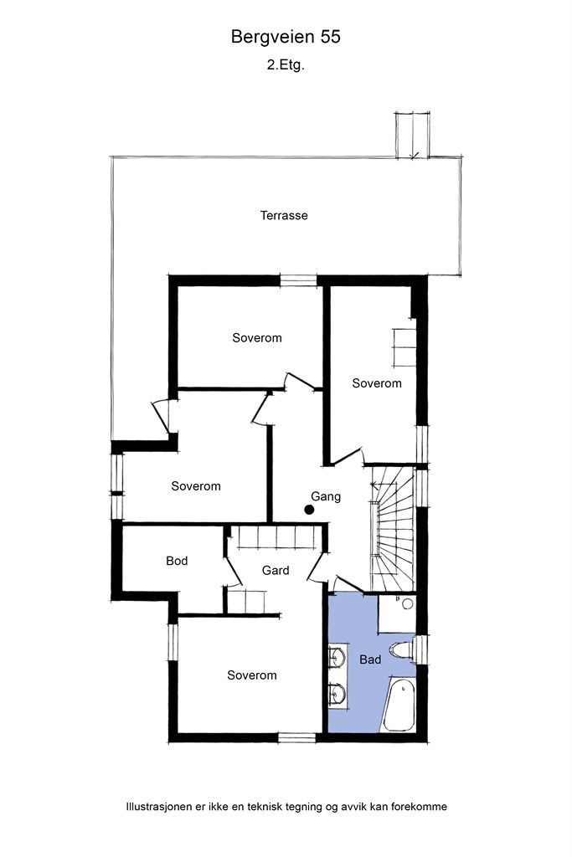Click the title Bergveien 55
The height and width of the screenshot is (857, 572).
coord(286,37)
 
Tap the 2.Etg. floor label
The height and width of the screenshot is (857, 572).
coord(286,64)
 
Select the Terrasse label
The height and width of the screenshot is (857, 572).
coord(284,215)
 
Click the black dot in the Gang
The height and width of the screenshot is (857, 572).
coord(309,509)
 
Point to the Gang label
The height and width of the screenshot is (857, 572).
coord(326,496)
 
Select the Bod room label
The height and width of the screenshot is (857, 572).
coord(177,561)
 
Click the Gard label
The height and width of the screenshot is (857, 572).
coord(276,571)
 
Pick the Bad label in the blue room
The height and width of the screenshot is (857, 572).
coord(370,659)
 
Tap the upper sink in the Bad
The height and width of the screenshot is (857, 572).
coord(338,656)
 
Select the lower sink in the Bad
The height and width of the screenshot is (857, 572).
coord(338,694)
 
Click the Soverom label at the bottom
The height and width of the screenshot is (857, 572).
coord(252,675)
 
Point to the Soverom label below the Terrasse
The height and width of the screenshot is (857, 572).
coord(257,338)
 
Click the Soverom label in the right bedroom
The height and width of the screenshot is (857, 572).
coord(377,383)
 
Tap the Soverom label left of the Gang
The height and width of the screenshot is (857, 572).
coord(196,486)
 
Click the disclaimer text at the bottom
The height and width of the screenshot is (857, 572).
coord(286,808)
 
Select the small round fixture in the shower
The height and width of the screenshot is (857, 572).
coord(407,603)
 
